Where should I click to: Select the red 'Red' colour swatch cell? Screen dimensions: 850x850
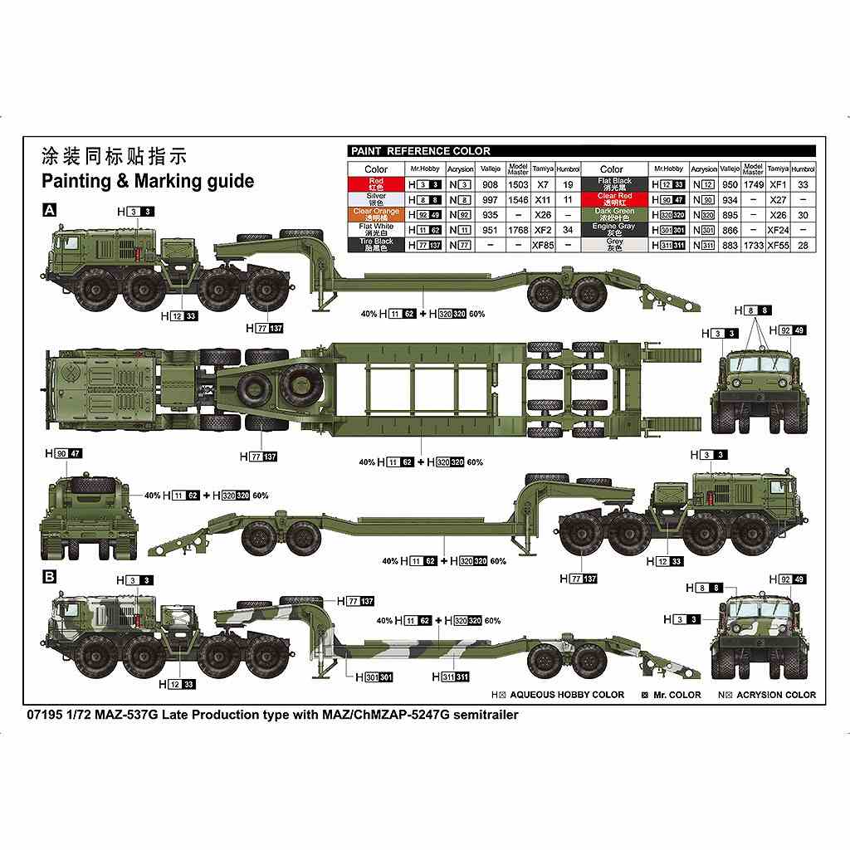(376, 184)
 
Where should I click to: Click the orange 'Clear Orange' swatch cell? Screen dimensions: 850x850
(376, 215)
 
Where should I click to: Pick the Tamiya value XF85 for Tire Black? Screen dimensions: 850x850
(544, 246)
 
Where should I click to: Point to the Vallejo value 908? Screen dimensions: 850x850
(490, 184)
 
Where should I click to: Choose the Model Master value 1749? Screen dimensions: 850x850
(753, 184)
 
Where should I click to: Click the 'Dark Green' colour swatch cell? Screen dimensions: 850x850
(614, 215)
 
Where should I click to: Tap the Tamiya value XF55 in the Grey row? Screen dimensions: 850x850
(778, 246)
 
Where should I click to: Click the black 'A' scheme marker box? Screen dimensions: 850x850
(48, 212)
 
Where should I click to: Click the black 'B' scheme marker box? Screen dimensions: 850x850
(48, 574)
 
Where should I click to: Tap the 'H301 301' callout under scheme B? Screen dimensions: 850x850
(374, 677)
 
